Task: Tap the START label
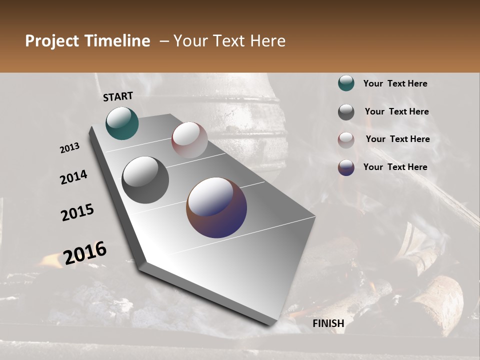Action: point(118,96)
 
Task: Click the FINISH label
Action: point(328,323)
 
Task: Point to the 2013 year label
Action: point(70,148)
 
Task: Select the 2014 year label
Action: point(73,177)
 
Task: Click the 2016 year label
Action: point(85,253)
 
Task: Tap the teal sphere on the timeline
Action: point(122,123)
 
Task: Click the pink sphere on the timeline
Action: point(189,140)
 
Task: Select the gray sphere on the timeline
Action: point(145,180)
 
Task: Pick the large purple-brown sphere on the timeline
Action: point(216,207)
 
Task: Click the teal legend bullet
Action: point(346,83)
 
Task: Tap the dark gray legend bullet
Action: point(346,112)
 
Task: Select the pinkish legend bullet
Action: point(346,140)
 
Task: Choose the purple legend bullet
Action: point(346,167)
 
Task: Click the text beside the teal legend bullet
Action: point(395,83)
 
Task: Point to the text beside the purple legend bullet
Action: point(395,167)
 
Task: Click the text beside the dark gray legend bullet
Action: point(396,111)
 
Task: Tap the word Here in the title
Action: point(267,41)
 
